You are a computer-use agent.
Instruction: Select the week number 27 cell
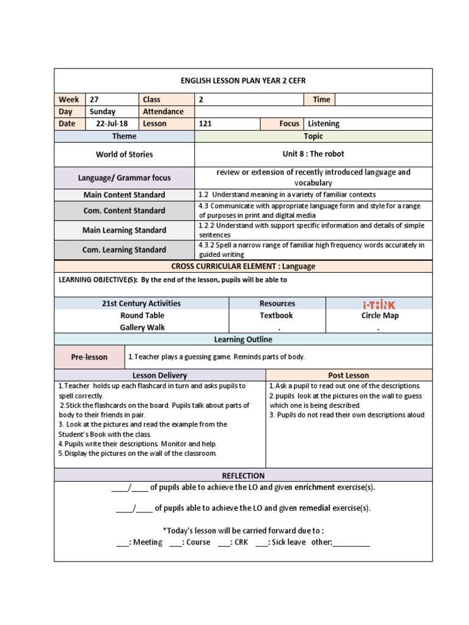tap(94, 99)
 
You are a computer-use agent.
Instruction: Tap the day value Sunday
tap(102, 112)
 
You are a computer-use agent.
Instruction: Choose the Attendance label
tap(163, 112)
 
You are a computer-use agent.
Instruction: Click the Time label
tap(321, 99)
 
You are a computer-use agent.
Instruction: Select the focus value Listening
tap(324, 123)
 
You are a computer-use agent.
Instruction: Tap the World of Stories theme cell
tap(125, 154)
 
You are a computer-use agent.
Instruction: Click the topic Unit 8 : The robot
tap(313, 154)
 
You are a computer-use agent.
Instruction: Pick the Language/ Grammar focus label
tap(125, 178)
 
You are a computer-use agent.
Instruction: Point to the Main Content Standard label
tap(125, 195)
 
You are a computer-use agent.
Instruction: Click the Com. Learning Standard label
tap(125, 250)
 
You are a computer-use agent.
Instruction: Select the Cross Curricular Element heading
tap(243, 266)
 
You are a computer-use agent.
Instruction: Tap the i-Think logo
tap(380, 304)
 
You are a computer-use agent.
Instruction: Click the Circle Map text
tap(380, 316)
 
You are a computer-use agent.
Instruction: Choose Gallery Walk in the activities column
tap(142, 327)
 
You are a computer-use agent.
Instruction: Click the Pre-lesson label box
tap(89, 357)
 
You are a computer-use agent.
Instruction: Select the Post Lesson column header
tap(349, 375)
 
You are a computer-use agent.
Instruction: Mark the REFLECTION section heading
tap(243, 475)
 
